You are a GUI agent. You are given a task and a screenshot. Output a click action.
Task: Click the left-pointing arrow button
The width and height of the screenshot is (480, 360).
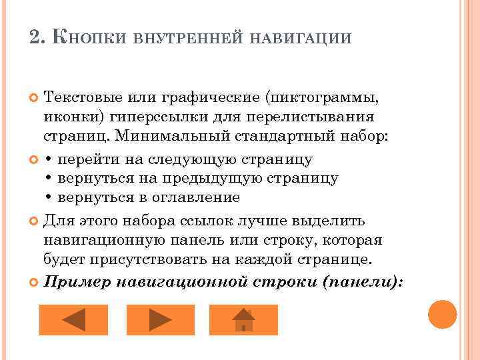(x=73, y=319)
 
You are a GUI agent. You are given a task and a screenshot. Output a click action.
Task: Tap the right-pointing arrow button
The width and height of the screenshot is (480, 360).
(x=161, y=319)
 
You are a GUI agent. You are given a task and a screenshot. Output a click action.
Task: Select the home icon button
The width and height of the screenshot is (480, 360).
(x=243, y=319)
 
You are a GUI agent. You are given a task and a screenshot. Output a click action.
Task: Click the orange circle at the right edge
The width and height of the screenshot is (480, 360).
(x=443, y=314)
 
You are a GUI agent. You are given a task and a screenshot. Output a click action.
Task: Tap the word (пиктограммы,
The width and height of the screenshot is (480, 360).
(x=323, y=99)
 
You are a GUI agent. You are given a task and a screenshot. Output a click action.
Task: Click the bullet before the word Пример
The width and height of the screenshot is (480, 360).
(x=36, y=282)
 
